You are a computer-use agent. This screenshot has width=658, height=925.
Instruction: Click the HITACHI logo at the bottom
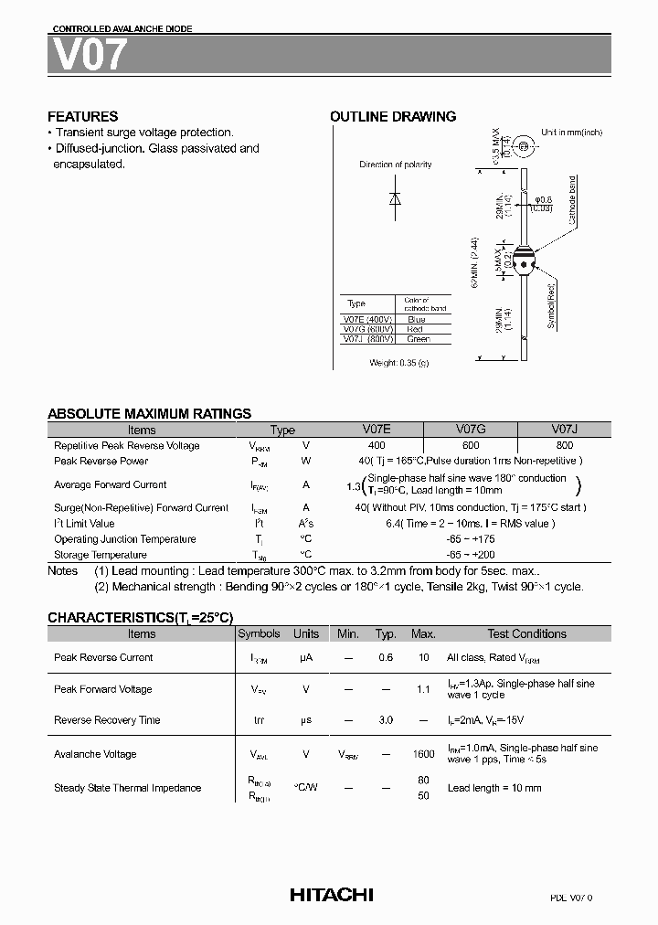[x=331, y=895]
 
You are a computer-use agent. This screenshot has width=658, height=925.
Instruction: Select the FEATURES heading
[x=82, y=117]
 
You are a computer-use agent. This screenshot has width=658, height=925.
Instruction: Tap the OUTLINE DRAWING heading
[x=393, y=117]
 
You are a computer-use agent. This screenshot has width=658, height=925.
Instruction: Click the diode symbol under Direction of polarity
[x=395, y=199]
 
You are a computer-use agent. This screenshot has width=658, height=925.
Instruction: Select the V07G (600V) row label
[x=367, y=329]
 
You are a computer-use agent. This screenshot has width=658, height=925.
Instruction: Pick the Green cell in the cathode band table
[x=418, y=339]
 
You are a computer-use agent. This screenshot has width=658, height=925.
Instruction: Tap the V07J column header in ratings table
[x=564, y=430]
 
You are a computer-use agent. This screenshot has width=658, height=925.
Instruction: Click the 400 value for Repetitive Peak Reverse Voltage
[x=377, y=445]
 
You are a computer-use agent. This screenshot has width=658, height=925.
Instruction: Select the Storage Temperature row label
[x=100, y=555]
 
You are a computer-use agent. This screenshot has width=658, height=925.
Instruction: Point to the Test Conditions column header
[x=526, y=633]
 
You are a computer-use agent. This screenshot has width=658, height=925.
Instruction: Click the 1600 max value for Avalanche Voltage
[x=423, y=754]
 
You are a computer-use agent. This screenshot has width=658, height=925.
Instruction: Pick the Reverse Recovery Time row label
[x=107, y=720]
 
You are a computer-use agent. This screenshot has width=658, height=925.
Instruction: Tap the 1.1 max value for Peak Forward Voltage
[x=423, y=689]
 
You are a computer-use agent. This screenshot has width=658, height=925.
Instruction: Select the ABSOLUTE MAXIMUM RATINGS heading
[x=149, y=414]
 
